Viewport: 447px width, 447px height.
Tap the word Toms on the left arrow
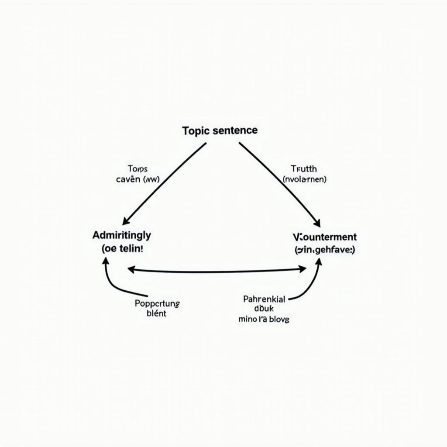138,168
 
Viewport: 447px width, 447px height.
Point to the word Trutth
303,168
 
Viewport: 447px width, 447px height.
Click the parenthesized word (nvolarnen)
304,179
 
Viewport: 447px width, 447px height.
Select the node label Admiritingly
122,235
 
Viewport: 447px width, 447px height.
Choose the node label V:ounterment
324,237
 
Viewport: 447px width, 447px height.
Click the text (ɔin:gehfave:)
324,250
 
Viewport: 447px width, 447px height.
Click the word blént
157,313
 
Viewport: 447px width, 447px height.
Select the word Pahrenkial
264,299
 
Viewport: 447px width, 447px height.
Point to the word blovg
279,319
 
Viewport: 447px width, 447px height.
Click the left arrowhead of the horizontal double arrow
130,270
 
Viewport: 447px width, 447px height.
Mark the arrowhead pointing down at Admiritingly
125,222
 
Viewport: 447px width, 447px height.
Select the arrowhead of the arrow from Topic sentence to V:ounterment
317,223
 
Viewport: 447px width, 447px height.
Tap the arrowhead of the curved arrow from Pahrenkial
319,261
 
